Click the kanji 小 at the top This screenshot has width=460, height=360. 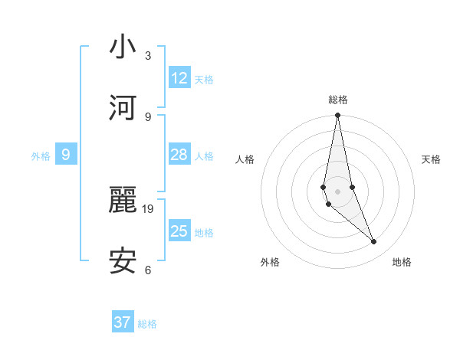pos(123,47)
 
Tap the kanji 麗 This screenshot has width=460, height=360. pos(123,201)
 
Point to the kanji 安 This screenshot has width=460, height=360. pos(123,261)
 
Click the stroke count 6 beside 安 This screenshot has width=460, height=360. pos(147,270)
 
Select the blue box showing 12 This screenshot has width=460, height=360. pos(179,77)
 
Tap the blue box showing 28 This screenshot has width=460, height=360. pos(179,155)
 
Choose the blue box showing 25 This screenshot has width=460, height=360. pos(179,231)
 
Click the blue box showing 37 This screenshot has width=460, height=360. pos(123,322)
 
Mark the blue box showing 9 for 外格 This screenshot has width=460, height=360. pos(66,155)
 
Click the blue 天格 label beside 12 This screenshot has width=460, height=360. pos(204,80)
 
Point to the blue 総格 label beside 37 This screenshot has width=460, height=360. pos(147,324)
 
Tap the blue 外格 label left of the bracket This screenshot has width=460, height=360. pos(41,156)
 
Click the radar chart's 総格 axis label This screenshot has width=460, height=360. pos(338,100)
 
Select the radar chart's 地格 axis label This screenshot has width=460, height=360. pos(402,262)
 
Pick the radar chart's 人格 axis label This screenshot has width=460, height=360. pos(245,159)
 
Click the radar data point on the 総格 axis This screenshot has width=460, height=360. pos(337,116)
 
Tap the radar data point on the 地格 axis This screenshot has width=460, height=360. pos(374,242)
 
